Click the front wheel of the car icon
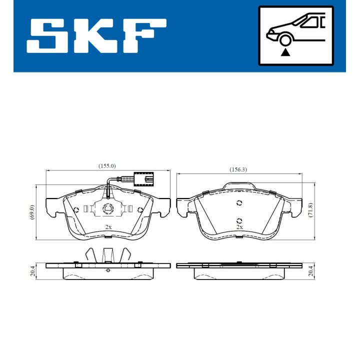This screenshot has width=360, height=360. coord(285,40)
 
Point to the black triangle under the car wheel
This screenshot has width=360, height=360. coord(285,52)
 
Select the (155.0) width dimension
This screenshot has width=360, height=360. coord(107,165)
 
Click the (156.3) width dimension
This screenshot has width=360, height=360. coord(238,169)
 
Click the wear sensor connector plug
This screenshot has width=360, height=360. coord(145,178)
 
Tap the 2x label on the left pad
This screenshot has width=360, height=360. coord(108,227)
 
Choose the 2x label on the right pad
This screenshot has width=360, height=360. coord(239,227)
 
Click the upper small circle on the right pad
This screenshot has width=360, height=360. coord(239,202)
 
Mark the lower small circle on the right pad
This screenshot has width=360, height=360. coord(239,221)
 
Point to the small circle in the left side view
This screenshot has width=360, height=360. coord(108,270)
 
